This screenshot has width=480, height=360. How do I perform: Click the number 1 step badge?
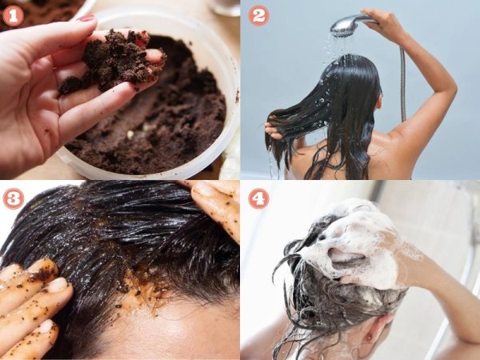(x=13, y=16)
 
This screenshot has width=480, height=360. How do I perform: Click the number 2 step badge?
(x=258, y=16)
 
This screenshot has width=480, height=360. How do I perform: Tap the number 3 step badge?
(x=13, y=198)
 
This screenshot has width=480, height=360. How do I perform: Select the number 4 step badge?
(x=258, y=198)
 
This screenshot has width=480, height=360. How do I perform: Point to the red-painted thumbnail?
(x=86, y=18)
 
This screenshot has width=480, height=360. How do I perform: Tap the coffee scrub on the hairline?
(x=144, y=288)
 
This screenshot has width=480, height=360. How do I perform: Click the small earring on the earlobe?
(x=370, y=337)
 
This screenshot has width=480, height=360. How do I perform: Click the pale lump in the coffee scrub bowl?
(x=130, y=134)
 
